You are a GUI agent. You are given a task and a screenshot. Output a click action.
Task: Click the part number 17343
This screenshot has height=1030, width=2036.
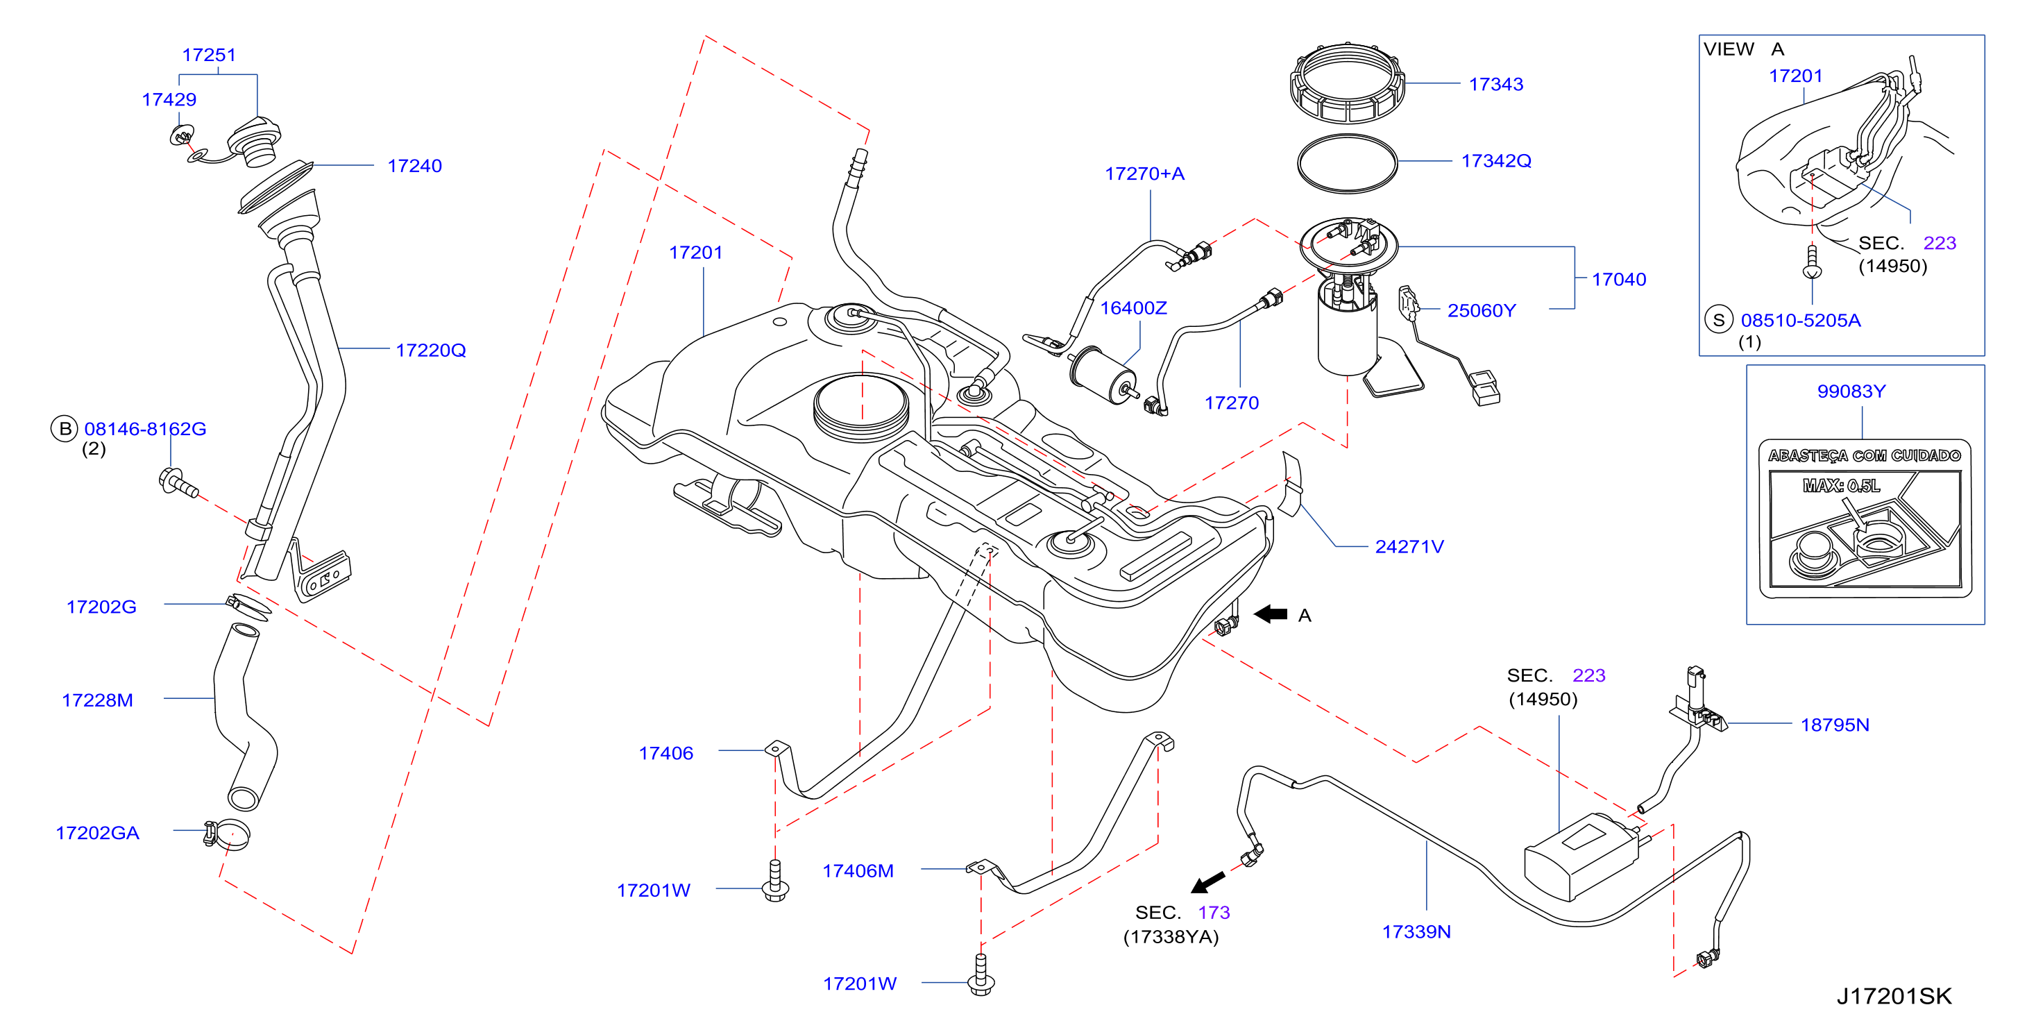(1495, 84)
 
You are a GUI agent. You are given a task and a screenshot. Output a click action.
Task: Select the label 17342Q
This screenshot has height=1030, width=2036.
(1496, 160)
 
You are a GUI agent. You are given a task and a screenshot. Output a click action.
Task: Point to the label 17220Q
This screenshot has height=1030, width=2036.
(431, 351)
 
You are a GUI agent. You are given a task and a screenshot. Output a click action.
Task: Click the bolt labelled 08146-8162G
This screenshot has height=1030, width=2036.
(178, 482)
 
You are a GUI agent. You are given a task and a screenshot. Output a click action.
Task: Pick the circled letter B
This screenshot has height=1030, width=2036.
(65, 428)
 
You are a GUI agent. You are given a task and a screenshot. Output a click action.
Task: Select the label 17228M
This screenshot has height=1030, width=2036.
(97, 700)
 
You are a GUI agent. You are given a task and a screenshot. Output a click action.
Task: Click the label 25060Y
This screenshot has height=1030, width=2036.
(1481, 311)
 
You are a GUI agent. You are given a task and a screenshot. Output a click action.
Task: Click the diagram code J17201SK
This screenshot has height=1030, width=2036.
(1894, 996)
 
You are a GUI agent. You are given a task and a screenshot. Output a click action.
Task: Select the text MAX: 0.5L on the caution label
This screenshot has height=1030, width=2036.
(1842, 485)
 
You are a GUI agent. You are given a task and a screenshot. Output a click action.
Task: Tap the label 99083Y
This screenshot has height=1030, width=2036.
(1851, 391)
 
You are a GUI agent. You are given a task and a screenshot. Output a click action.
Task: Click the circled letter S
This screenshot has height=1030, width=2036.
(1718, 320)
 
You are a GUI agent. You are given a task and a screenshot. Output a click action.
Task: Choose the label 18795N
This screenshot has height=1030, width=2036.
(1835, 725)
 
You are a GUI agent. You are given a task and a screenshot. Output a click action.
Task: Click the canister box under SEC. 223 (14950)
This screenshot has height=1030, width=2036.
(1583, 856)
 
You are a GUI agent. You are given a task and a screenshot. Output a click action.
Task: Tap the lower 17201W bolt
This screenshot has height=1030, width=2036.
(981, 974)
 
